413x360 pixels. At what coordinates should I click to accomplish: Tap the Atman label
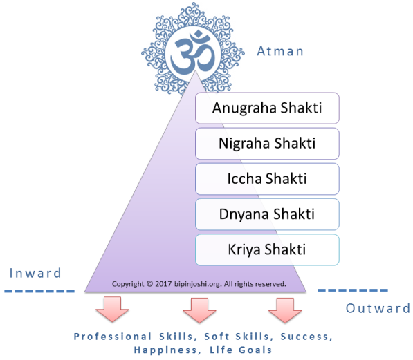(280, 51)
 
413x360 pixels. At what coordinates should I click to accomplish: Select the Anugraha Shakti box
(267, 108)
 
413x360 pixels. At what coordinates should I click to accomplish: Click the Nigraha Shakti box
(267, 144)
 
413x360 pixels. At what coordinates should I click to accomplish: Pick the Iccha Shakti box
(267, 179)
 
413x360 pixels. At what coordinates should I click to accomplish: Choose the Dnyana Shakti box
(267, 214)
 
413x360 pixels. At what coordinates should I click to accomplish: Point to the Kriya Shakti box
(267, 249)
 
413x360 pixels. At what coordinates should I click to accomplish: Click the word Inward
(35, 273)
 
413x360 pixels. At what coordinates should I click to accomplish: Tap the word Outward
(378, 308)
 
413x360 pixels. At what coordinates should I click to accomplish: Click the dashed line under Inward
(39, 291)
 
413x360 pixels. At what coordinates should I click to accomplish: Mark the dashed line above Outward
(353, 290)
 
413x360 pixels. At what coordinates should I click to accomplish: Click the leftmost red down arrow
(112, 309)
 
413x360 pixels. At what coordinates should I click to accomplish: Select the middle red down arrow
(199, 310)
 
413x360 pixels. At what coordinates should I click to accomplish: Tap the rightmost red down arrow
(285, 310)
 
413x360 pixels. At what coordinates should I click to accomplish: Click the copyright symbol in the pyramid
(149, 284)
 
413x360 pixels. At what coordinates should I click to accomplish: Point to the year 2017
(163, 284)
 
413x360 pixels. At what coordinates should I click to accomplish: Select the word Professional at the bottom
(113, 337)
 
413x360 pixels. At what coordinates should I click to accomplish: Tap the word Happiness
(165, 350)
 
